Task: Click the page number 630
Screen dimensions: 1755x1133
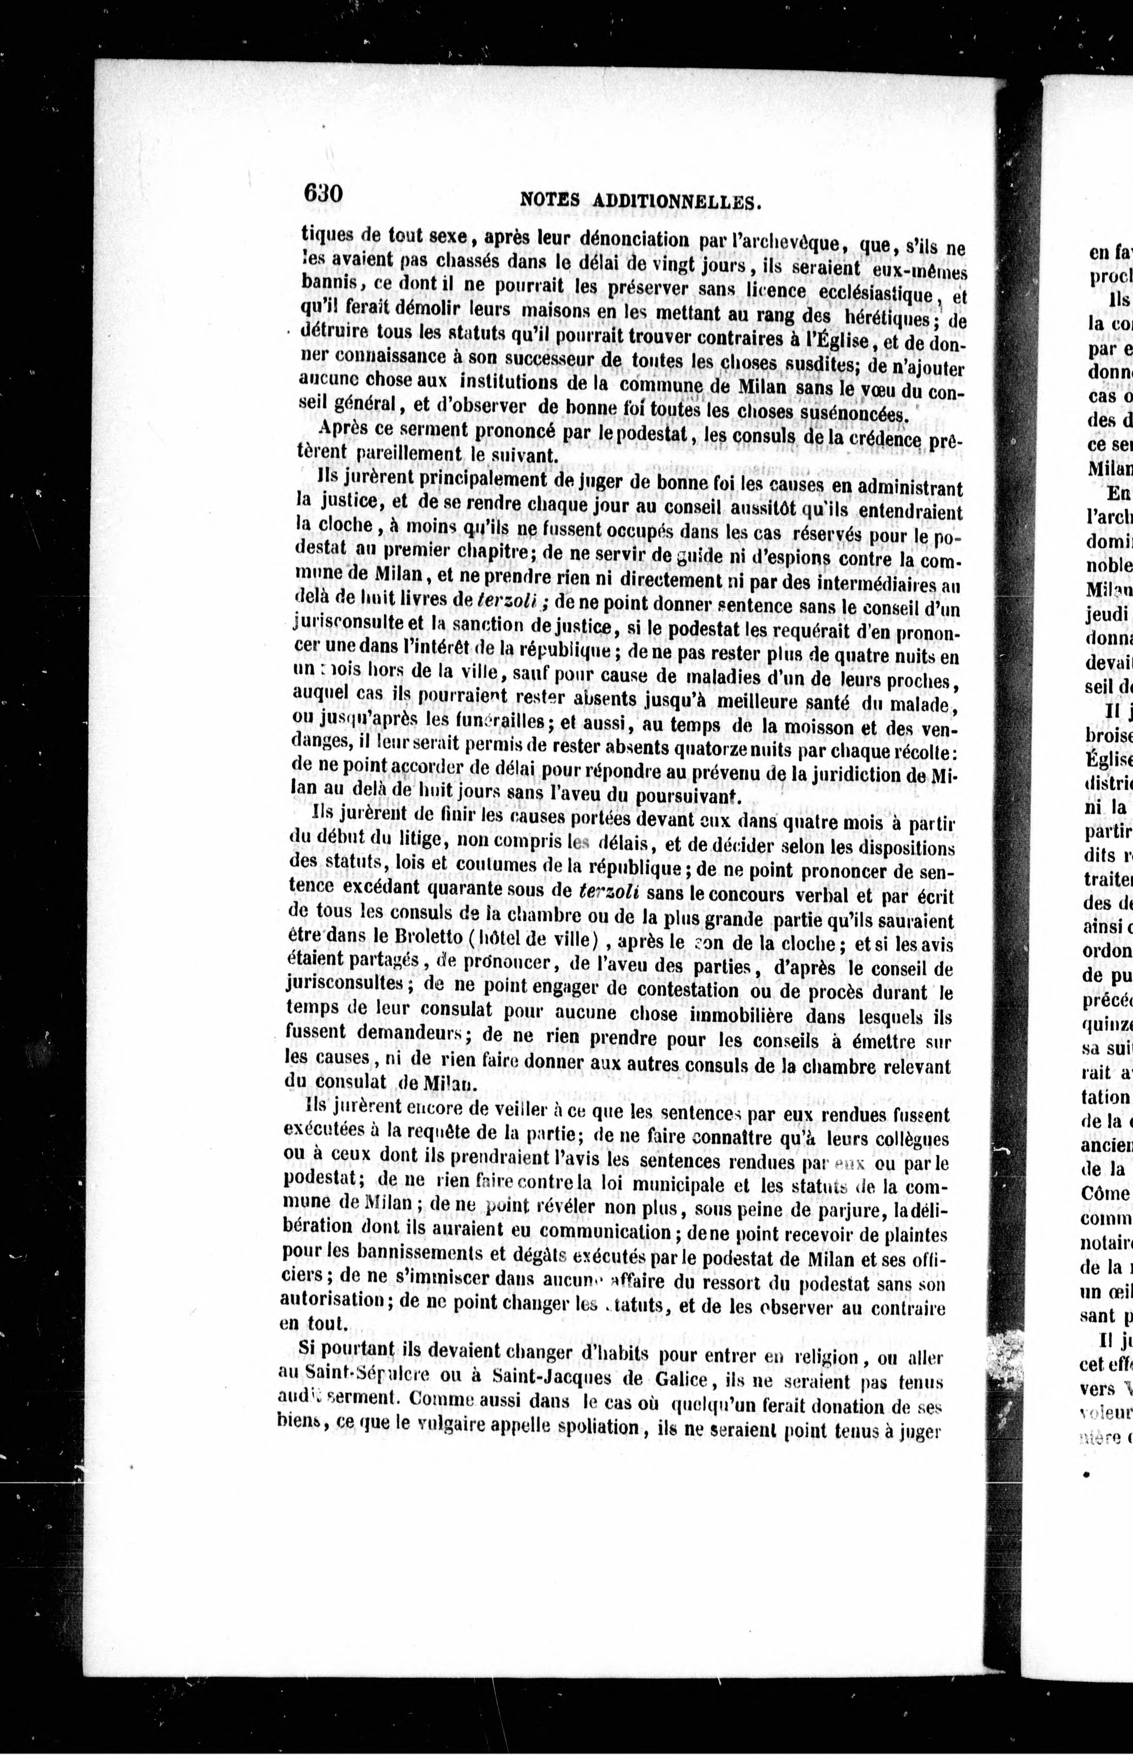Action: (x=322, y=194)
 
